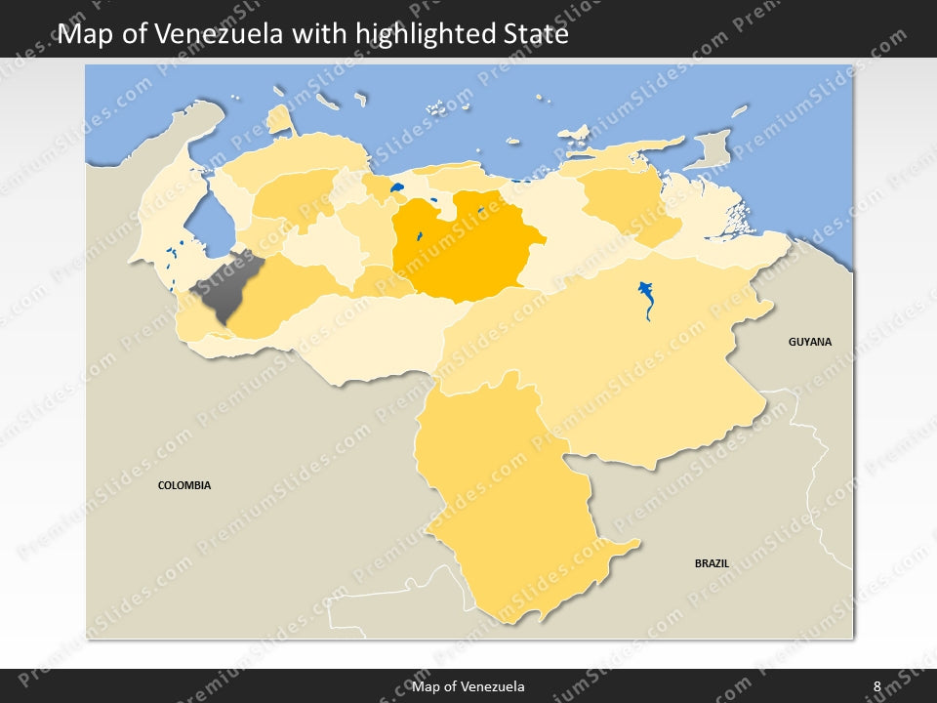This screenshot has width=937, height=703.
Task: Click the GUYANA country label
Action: (810, 342)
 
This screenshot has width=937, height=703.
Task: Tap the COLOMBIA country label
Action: (184, 485)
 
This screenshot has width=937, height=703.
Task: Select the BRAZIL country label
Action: (712, 563)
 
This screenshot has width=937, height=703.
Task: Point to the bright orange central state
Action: (459, 249)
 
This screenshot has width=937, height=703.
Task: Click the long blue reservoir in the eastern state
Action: (646, 298)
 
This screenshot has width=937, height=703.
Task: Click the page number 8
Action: (877, 686)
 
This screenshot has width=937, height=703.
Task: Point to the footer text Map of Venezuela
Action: (468, 686)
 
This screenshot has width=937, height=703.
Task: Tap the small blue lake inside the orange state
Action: (419, 235)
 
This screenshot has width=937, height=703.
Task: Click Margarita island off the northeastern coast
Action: (577, 132)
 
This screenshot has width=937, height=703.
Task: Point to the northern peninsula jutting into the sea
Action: (281, 119)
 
